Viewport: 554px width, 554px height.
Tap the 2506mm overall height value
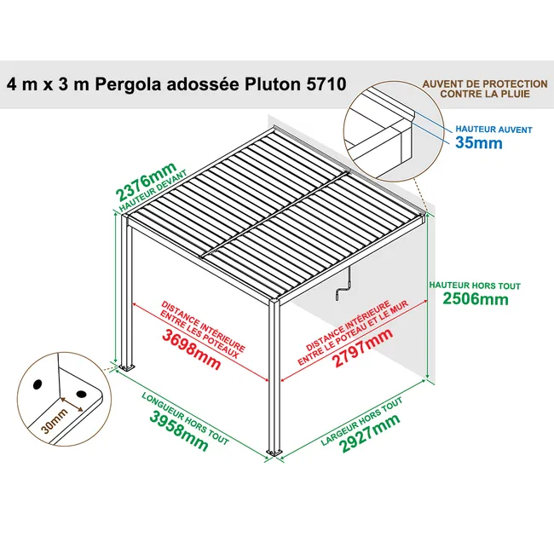pyautogui.click(x=476, y=299)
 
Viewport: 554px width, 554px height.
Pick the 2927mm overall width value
pyautogui.click(x=370, y=431)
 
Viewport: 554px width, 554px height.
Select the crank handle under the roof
pyautogui.click(x=344, y=292)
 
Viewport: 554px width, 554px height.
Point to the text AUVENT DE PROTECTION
pyautogui.click(x=485, y=84)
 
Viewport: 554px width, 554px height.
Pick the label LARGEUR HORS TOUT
pyautogui.click(x=361, y=421)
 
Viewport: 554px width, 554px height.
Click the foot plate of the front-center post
pyautogui.click(x=274, y=451)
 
